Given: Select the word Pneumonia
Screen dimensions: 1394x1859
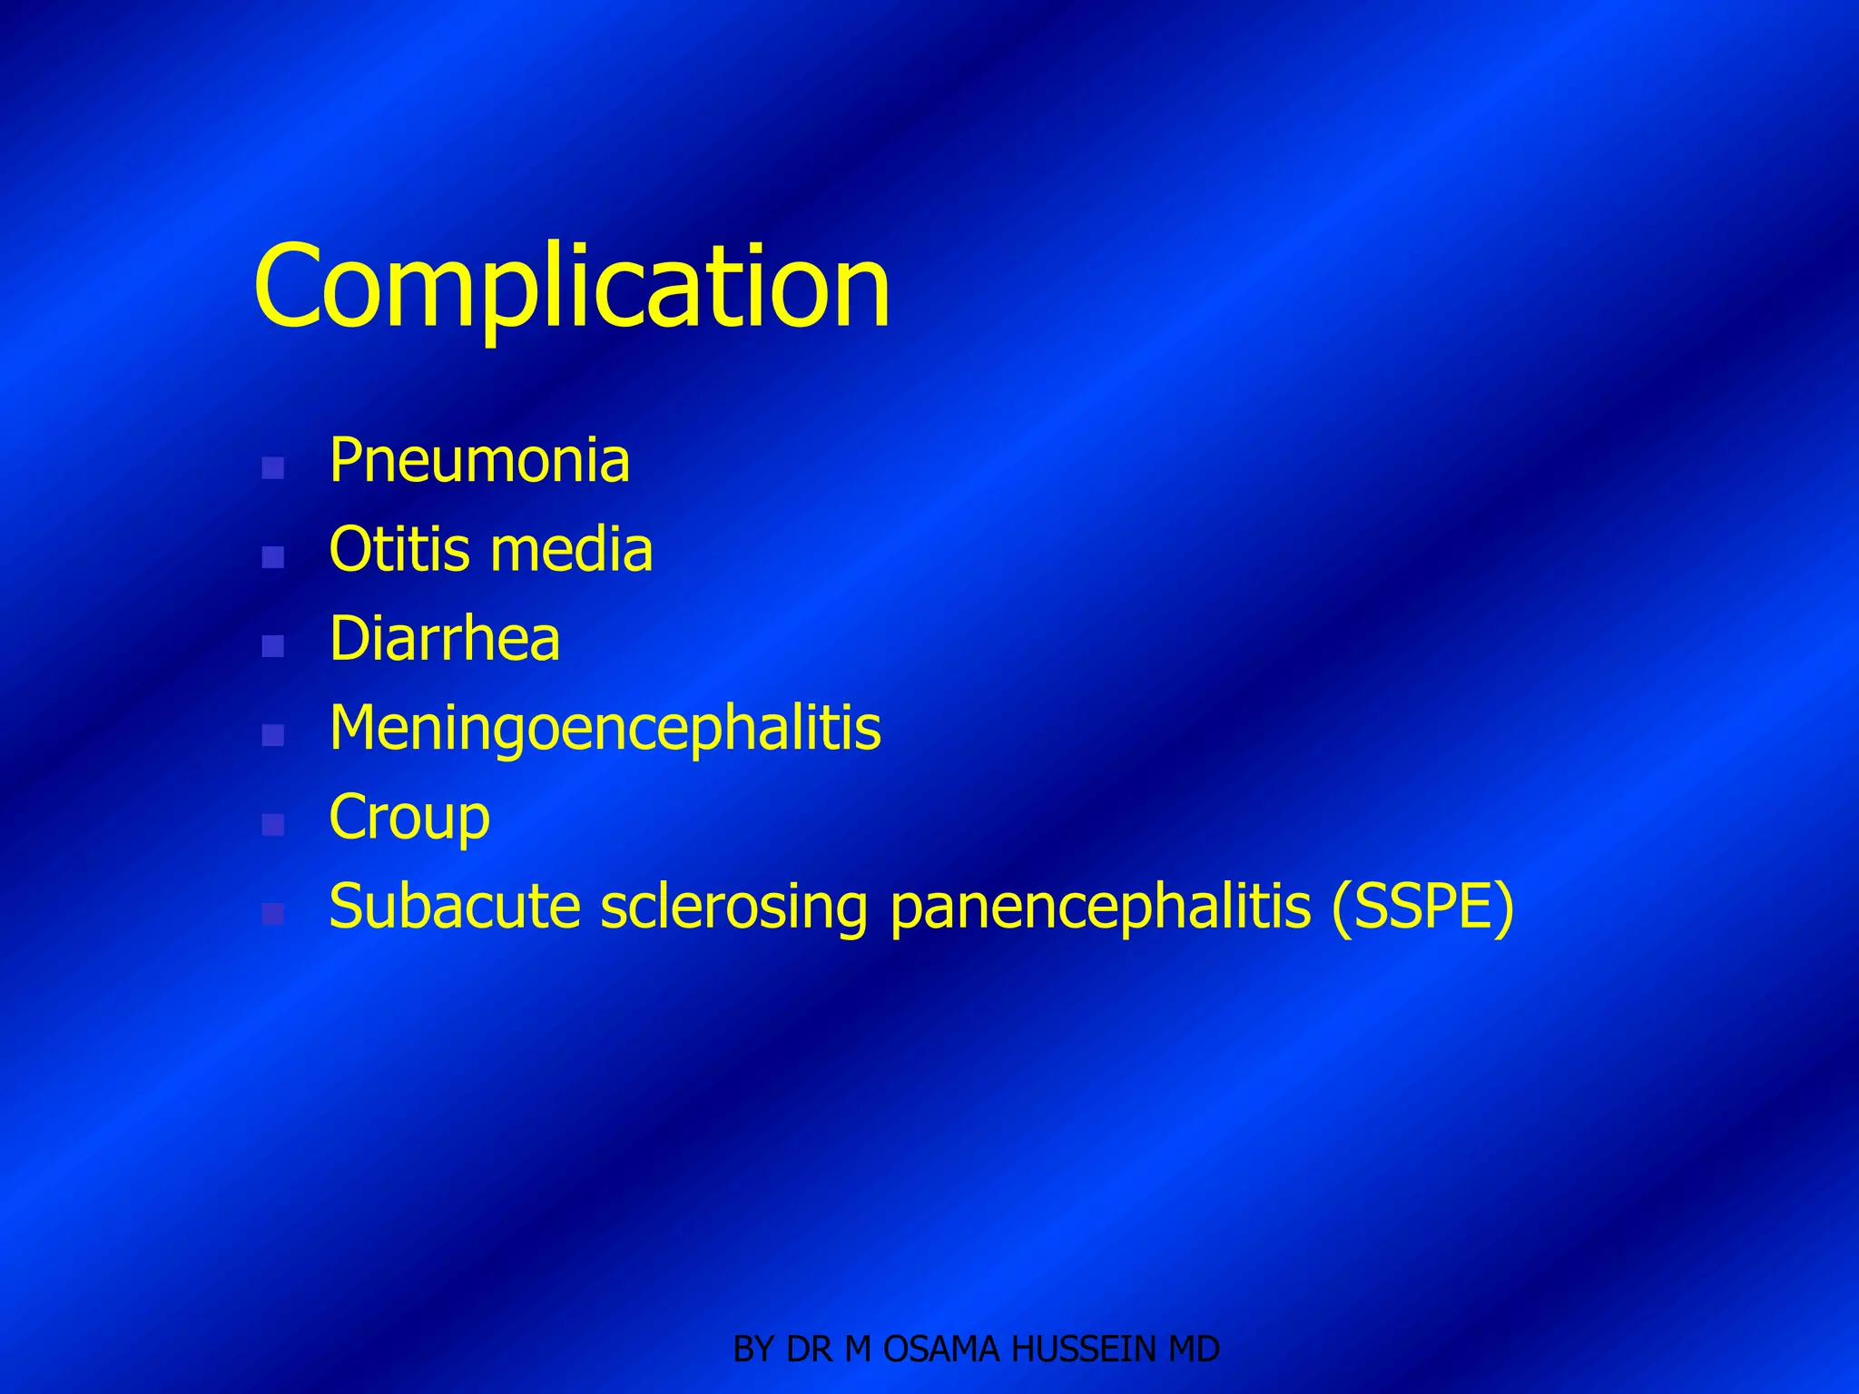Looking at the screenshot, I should point(478,461).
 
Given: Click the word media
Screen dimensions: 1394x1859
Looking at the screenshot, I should point(571,550).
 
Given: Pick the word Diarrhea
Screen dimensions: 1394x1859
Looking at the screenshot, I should point(444,639).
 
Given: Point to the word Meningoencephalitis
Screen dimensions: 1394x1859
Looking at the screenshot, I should point(605,728).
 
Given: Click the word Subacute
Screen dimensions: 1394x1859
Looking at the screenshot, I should point(454,907).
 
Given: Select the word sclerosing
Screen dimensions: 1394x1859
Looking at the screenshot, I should point(733,907).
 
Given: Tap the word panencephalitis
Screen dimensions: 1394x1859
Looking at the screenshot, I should point(1100,907).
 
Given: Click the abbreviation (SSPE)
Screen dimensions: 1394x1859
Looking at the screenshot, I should point(1422,907).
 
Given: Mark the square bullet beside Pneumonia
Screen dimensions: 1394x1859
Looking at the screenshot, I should point(272,468).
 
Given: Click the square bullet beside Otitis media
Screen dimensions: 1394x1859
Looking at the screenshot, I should point(272,557).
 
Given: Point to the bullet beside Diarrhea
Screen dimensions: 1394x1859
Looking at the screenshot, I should point(272,646).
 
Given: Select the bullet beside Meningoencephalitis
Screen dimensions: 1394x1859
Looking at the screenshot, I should point(272,735).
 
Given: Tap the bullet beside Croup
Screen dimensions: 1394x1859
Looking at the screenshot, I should point(272,824).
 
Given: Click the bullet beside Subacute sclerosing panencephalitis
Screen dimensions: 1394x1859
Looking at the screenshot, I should point(272,913).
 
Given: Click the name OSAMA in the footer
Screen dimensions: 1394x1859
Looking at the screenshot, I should point(941,1350).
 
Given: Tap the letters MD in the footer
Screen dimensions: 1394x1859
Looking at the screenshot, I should point(1194,1350).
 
